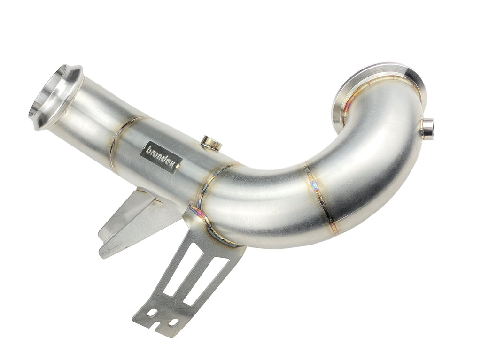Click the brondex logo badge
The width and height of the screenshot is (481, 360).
click(162, 157)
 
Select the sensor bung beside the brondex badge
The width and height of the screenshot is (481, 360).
click(210, 143)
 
